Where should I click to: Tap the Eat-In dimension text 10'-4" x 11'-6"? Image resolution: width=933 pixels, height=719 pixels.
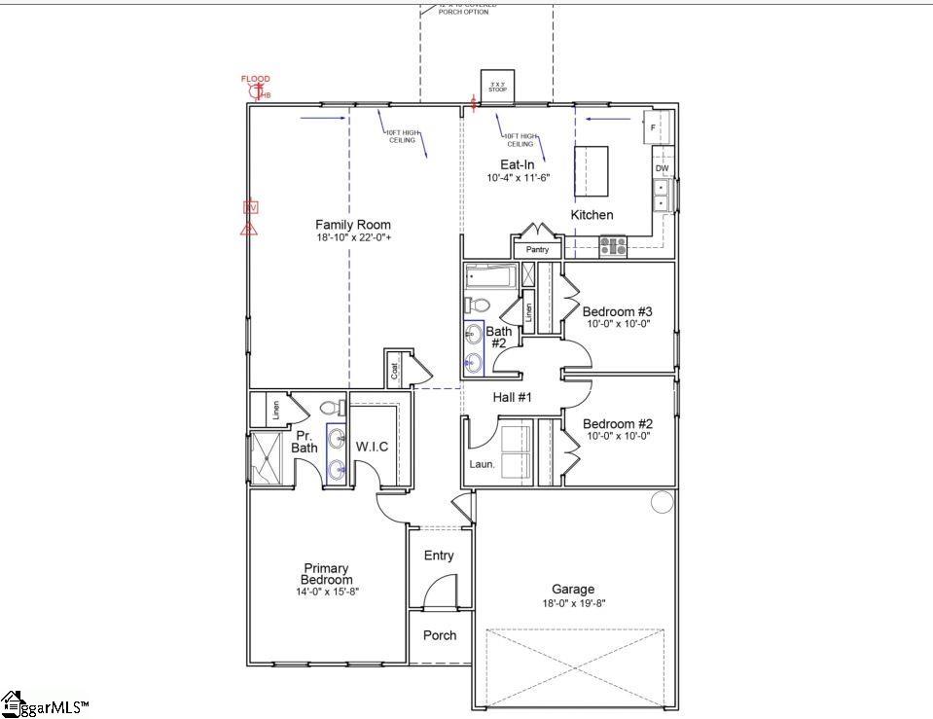(x=518, y=178)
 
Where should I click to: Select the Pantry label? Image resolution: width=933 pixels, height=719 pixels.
(x=537, y=250)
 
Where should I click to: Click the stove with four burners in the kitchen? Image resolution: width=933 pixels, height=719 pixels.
(x=613, y=246)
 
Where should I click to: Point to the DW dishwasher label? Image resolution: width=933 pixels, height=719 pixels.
(x=662, y=169)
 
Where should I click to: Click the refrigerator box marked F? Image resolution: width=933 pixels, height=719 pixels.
(x=654, y=126)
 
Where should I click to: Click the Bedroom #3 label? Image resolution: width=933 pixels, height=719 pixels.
(x=616, y=312)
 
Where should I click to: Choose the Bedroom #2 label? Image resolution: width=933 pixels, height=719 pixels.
(x=616, y=424)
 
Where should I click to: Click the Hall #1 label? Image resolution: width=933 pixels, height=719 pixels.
(x=512, y=397)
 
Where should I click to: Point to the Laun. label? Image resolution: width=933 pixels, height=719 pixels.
(x=483, y=464)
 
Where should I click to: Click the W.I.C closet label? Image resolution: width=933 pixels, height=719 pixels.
(x=372, y=447)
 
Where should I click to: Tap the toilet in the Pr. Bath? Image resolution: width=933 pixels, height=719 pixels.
(x=328, y=407)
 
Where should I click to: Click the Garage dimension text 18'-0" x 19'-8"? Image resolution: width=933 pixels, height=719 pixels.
(x=573, y=602)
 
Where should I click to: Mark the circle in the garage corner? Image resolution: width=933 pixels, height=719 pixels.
(x=662, y=502)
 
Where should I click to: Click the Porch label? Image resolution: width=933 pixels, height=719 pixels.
(x=440, y=635)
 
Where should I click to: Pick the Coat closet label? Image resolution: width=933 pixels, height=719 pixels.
(x=395, y=369)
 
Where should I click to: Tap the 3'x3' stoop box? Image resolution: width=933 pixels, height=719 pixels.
(x=498, y=87)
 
